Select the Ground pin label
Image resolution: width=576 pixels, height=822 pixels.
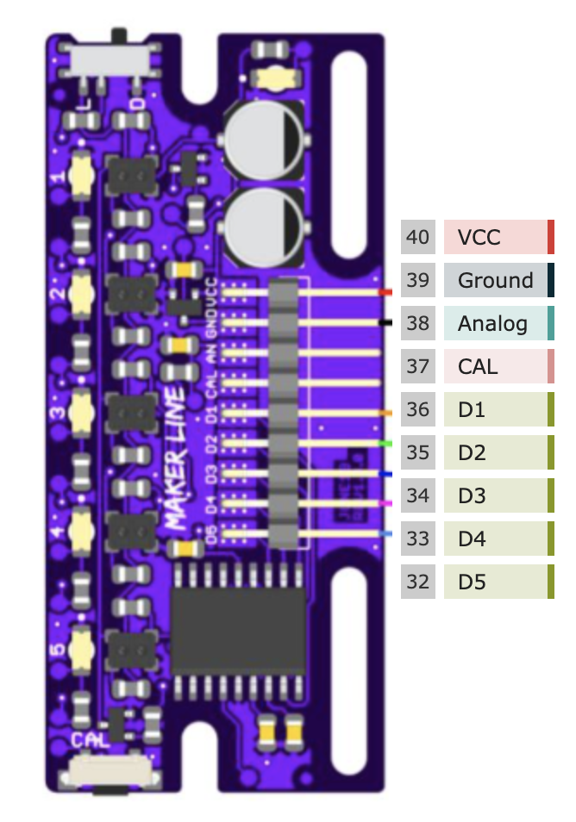pos(495,280)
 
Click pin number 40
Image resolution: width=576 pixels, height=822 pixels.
pos(418,237)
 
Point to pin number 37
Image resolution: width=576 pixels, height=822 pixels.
pos(418,366)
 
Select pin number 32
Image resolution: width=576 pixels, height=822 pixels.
pos(418,582)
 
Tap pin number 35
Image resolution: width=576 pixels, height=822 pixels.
pos(418,452)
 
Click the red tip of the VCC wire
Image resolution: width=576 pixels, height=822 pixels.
pos(384,292)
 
